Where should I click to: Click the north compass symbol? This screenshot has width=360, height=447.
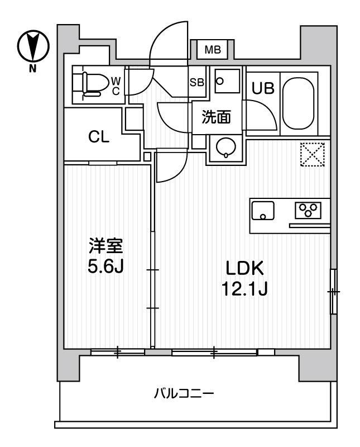point(31,45)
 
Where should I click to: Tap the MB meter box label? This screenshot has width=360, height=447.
point(212,50)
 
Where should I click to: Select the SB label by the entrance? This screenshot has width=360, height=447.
point(196,82)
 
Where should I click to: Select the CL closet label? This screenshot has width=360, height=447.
point(98,136)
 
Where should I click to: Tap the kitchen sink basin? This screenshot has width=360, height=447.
point(263,211)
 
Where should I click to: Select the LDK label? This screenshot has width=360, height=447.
point(244,269)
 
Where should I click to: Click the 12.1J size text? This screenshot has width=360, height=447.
point(244,289)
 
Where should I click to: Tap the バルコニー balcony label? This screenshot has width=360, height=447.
point(184,394)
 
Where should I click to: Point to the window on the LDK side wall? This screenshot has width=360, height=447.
point(333,291)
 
